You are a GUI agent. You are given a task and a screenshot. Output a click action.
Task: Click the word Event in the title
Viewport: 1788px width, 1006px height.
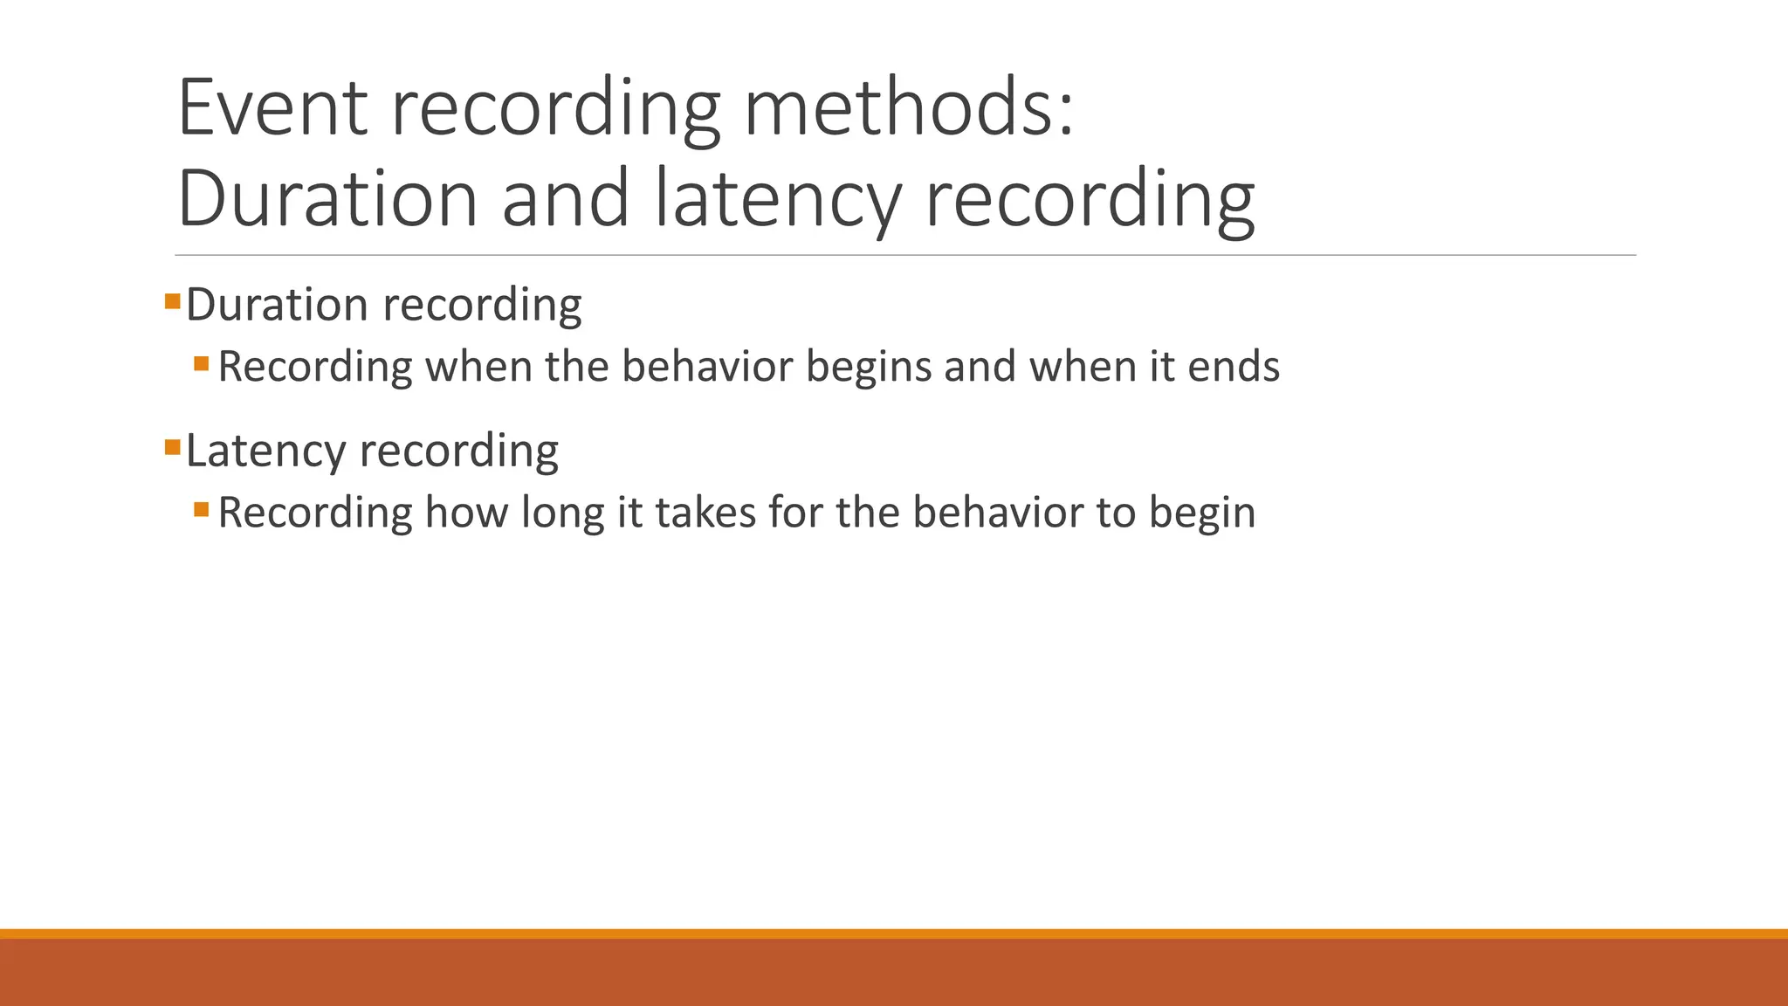(x=272, y=108)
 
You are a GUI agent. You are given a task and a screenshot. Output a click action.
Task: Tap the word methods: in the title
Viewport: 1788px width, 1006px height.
(x=909, y=108)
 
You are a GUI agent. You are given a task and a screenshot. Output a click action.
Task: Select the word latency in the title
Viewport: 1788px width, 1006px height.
(x=777, y=199)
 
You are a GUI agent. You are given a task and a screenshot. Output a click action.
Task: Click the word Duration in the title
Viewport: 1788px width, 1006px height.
(x=327, y=199)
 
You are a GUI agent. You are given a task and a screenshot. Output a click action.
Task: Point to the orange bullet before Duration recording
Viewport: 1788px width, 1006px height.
(x=172, y=302)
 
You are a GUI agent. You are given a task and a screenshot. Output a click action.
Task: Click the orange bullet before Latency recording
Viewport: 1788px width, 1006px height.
(x=172, y=449)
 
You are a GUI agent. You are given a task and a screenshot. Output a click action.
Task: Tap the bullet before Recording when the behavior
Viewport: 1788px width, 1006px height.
(x=202, y=362)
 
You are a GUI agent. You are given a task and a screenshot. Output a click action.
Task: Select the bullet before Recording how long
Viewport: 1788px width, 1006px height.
(x=202, y=508)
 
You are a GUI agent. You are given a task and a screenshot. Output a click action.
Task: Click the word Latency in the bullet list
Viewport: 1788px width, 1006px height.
(x=266, y=451)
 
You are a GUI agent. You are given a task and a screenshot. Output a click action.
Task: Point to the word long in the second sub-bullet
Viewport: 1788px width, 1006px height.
(x=562, y=513)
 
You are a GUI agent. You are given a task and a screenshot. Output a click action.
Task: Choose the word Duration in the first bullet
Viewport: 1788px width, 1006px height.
(x=277, y=306)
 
